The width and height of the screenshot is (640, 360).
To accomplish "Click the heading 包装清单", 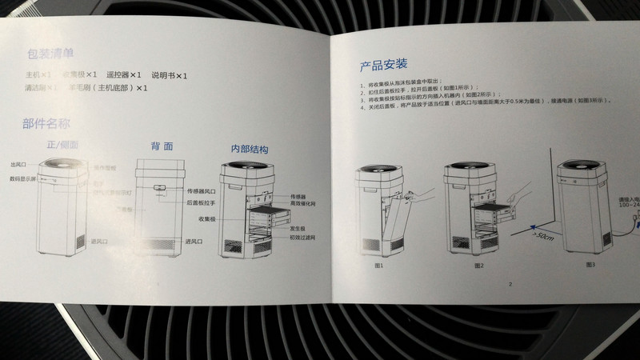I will tap(51, 54).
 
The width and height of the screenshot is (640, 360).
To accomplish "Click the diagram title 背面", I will tap(162, 146).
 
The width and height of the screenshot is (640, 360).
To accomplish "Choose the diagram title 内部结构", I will tap(249, 150).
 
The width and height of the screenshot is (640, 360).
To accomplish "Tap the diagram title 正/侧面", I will tap(63, 145).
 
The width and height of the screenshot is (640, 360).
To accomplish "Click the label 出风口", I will tap(19, 164).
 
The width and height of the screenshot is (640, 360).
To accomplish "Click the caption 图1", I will tap(378, 264).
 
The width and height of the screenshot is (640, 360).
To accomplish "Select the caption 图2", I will tap(478, 265).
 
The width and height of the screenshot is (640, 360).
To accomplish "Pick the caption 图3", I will tap(590, 263).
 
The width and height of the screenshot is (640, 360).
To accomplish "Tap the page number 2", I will tap(509, 283).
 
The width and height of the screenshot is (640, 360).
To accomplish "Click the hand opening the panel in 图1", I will tap(416, 196).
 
